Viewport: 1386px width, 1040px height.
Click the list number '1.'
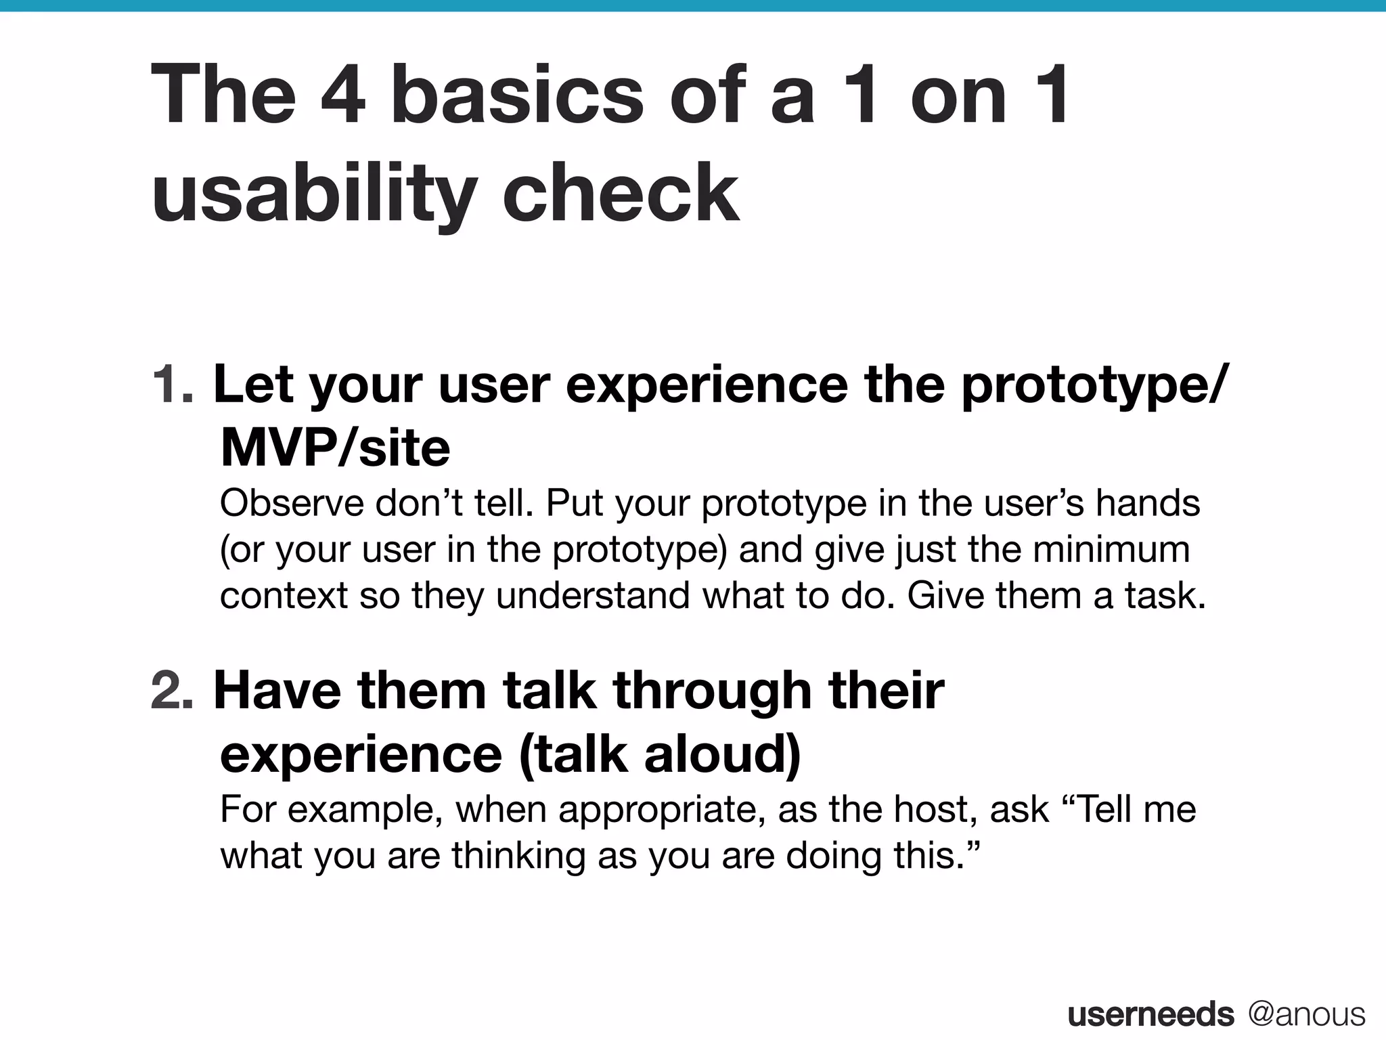click(173, 385)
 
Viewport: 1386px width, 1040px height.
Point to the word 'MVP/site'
click(335, 448)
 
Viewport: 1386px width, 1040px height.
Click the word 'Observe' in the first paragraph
click(292, 503)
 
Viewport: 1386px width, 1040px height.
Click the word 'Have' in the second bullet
click(277, 691)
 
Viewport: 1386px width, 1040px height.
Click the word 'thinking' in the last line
click(518, 855)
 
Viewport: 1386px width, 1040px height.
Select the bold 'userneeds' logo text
click(1150, 1014)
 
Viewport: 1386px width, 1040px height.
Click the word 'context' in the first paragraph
click(283, 595)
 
